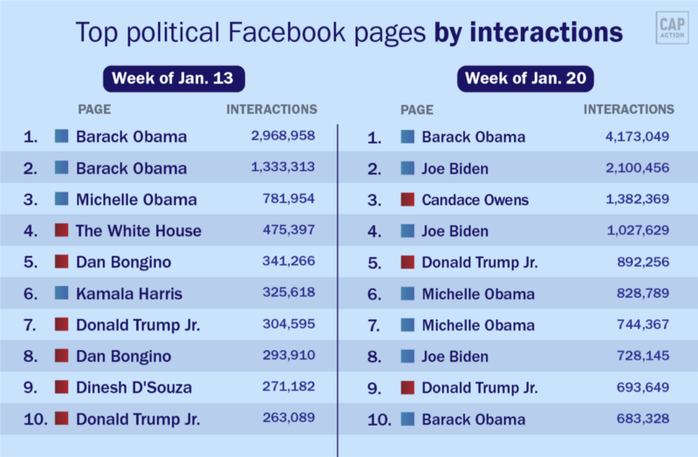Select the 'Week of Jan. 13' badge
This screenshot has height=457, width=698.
pos(173,78)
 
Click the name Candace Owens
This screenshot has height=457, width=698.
pos(475,200)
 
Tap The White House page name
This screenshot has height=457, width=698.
pos(138,231)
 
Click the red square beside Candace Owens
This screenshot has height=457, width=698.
pos(407,200)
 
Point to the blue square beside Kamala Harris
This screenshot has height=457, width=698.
pos(62,293)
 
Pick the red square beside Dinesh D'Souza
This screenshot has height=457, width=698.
pos(62,387)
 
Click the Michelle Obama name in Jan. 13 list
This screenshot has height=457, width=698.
pos(136,200)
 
